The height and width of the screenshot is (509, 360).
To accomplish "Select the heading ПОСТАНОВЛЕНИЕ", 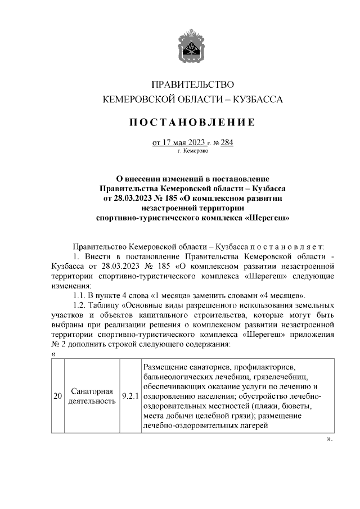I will click(x=193, y=122).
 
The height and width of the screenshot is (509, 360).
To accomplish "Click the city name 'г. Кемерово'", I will click(x=193, y=151).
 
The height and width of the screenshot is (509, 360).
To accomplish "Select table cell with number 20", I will click(x=57, y=397).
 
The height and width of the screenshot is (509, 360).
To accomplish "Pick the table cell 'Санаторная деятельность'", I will click(x=93, y=396).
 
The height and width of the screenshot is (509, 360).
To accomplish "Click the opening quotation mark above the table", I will click(x=53, y=354).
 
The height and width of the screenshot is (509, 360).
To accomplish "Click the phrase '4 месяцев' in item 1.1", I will click(x=285, y=295).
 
